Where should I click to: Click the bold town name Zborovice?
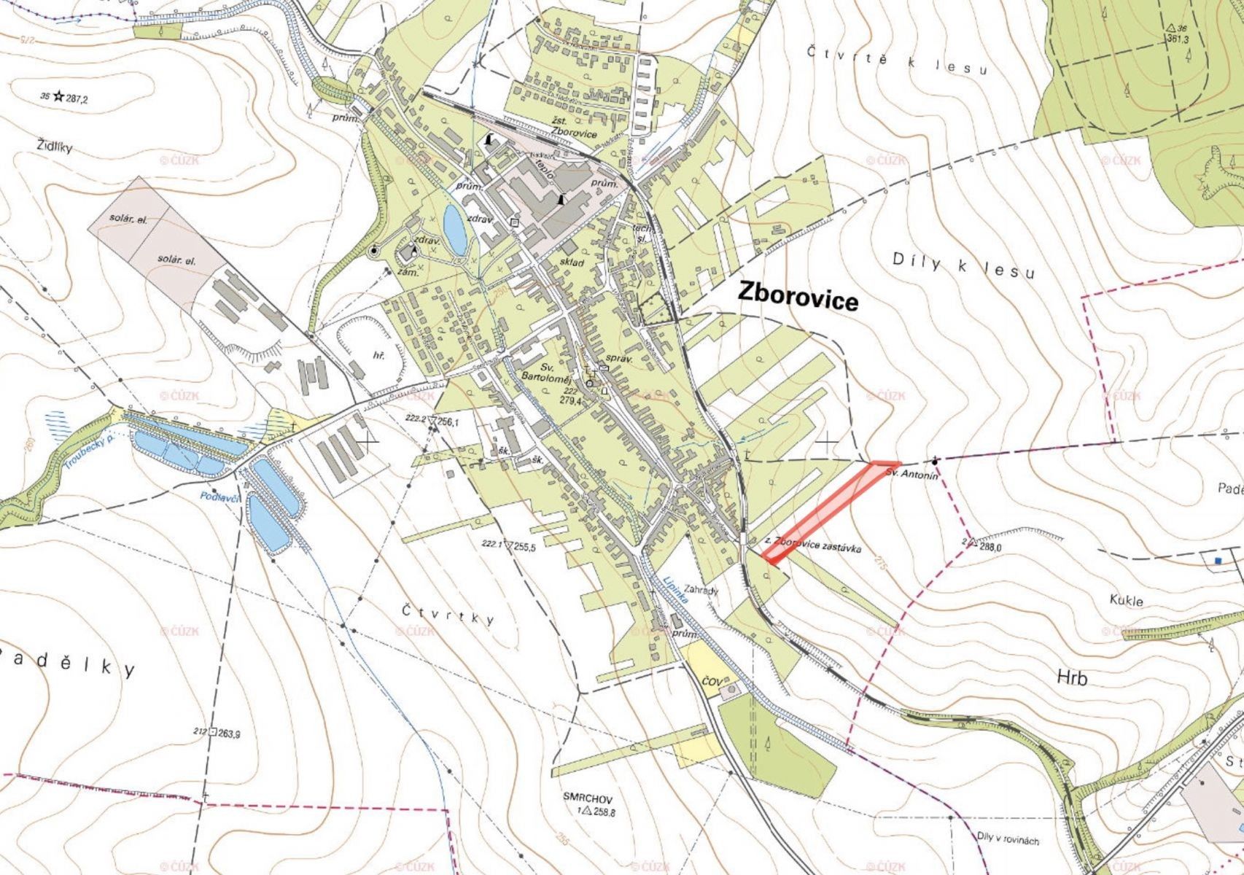(x=798, y=295)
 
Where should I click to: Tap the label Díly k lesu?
(x=963, y=266)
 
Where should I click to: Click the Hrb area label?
(x=1072, y=678)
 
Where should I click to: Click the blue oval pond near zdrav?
(x=455, y=226)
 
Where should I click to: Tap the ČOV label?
(x=711, y=681)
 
